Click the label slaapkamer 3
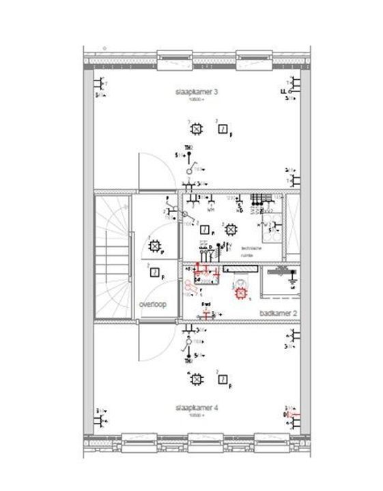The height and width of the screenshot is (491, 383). (x=190, y=91)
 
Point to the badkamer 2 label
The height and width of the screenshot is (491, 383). (x=279, y=313)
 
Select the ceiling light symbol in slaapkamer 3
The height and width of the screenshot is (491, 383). (x=197, y=128)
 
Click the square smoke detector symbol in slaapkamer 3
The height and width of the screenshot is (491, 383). (x=222, y=128)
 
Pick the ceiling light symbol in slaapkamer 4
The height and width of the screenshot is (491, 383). (x=197, y=378)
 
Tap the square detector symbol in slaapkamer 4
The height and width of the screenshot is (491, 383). (x=223, y=378)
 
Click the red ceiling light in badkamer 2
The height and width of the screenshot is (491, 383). (x=240, y=294)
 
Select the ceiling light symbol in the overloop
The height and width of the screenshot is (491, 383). (x=155, y=246)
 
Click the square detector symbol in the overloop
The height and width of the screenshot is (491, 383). (x=155, y=273)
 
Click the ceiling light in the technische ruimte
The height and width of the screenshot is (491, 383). (x=231, y=229)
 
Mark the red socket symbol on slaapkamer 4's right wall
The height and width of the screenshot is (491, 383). (x=292, y=413)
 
